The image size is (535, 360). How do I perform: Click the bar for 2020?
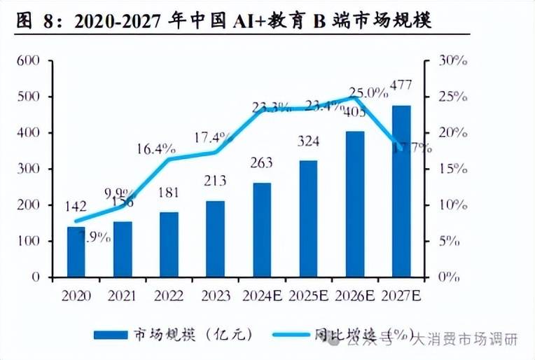76,252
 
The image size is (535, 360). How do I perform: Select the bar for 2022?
169,244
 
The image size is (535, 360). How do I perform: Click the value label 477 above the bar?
400,85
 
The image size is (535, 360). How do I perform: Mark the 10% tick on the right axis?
452,205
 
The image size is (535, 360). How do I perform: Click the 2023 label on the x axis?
215,295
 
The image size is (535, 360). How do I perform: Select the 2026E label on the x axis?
354,295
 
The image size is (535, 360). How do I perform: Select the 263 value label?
261,163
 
